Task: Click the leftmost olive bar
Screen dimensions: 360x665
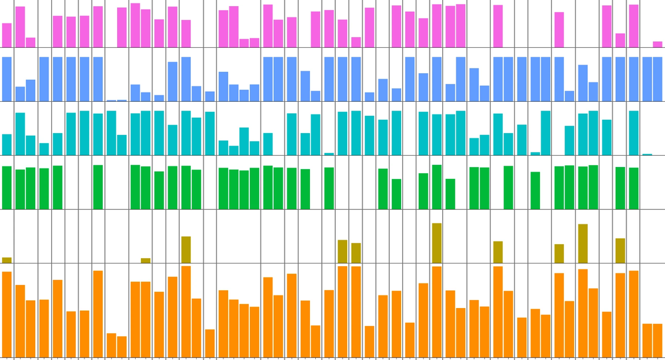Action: pyautogui.click(x=7, y=260)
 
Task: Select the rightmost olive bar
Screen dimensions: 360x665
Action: pyautogui.click(x=620, y=251)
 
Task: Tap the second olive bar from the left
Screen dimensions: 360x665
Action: pyautogui.click(x=146, y=260)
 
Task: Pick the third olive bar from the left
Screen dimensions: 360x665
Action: pyautogui.click(x=186, y=250)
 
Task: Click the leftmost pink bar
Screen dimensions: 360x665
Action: pyautogui.click(x=7, y=35)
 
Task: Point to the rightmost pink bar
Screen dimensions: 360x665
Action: pyautogui.click(x=657, y=45)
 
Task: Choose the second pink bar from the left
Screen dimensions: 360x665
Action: pyautogui.click(x=20, y=27)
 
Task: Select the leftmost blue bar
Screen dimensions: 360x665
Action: pyautogui.click(x=7, y=79)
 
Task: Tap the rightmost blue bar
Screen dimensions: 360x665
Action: pyautogui.click(x=657, y=79)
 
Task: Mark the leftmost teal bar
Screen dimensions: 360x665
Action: pyautogui.click(x=7, y=144)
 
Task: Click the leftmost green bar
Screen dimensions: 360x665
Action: pyautogui.click(x=7, y=188)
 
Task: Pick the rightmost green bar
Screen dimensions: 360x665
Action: pyautogui.click(x=634, y=188)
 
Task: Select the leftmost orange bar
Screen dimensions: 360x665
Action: pyautogui.click(x=7, y=314)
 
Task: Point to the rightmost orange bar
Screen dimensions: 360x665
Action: pyautogui.click(x=657, y=340)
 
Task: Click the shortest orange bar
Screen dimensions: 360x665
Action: pyautogui.click(x=122, y=347)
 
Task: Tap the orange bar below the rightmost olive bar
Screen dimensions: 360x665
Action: pyautogui.click(x=620, y=315)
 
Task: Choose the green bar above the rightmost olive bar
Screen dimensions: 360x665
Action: pyautogui.click(x=620, y=188)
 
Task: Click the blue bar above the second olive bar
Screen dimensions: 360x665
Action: pyautogui.click(x=146, y=96)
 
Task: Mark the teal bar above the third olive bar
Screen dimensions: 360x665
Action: pyautogui.click(x=186, y=133)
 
